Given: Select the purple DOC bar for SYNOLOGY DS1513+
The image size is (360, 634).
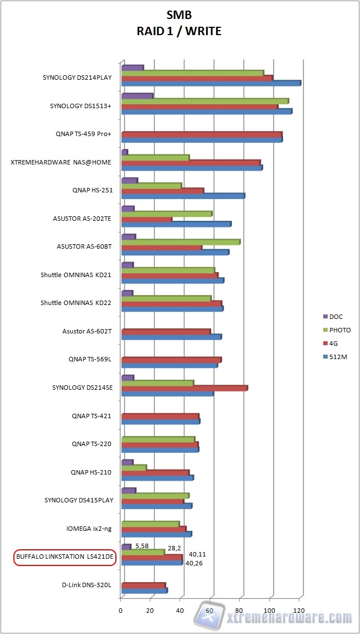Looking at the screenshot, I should [137, 96].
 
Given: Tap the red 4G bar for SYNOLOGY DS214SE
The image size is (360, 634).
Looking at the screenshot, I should [184, 388].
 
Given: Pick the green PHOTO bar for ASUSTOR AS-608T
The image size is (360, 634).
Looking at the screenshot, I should [180, 242].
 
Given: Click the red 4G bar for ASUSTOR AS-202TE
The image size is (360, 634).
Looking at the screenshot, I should [147, 219].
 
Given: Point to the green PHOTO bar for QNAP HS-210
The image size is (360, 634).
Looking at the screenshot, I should [134, 467].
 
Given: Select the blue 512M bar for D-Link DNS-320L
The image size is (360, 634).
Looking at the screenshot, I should [144, 591].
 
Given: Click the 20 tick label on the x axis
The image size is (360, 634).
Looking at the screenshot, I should [150, 610].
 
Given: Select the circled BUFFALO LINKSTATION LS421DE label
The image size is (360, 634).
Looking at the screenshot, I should [65, 557].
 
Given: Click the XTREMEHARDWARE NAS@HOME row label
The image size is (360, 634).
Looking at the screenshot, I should [61, 162].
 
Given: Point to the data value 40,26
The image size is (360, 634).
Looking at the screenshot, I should [194, 563].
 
